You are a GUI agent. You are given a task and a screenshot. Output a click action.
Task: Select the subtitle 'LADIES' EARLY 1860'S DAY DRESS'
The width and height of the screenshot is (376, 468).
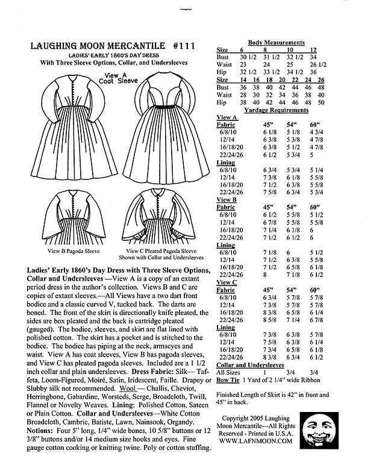point(108,55)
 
